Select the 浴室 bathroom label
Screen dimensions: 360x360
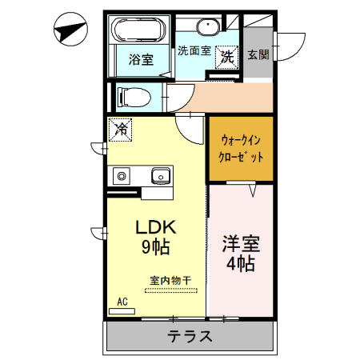tap(141, 59)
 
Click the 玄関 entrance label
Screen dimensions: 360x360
tap(258, 54)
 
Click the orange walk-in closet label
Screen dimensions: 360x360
tap(241, 148)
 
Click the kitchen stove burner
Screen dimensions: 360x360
tap(122, 174)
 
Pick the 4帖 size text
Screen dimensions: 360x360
tap(241, 263)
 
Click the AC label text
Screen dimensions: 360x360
tap(122, 302)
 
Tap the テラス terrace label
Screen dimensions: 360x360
tap(190, 336)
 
